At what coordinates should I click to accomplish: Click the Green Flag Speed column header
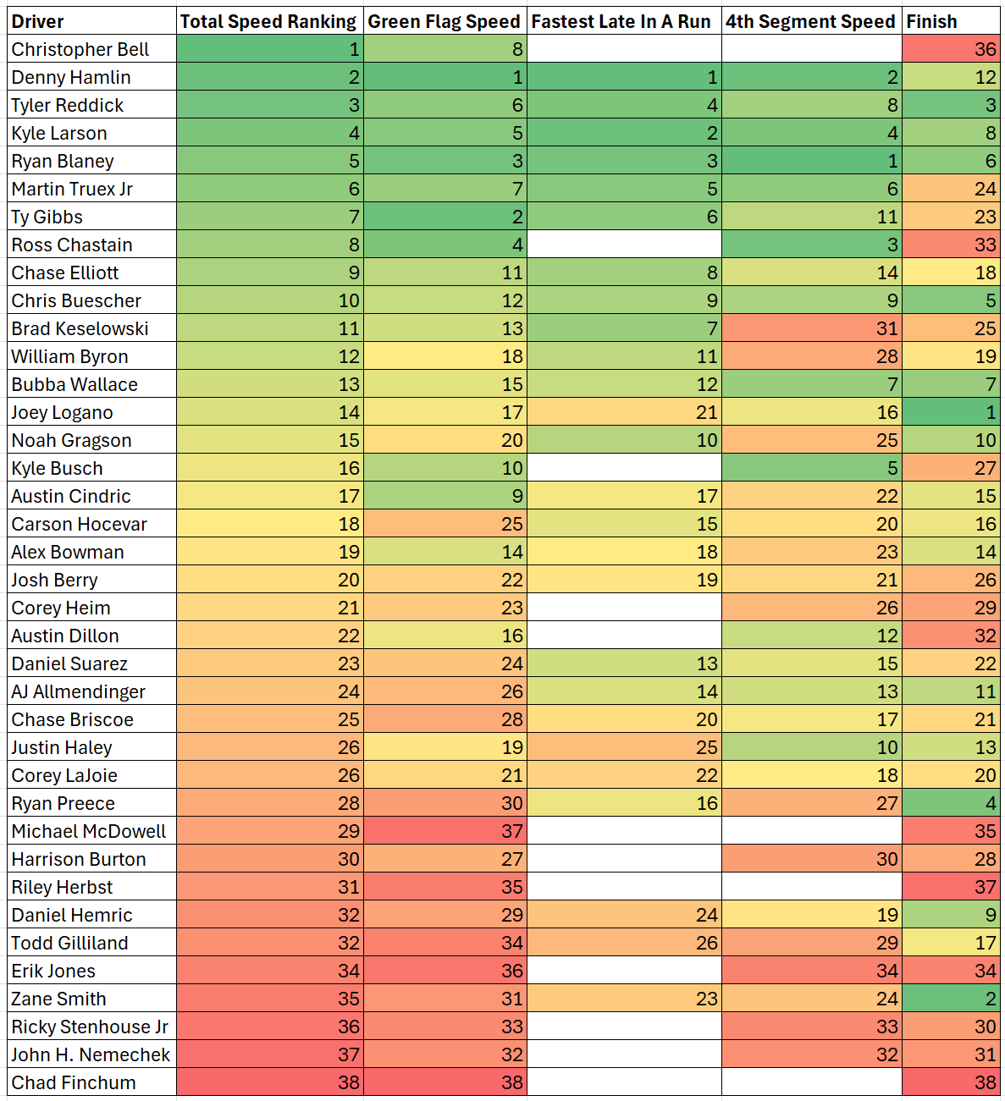pos(445,22)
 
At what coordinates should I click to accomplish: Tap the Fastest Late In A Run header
pos(623,22)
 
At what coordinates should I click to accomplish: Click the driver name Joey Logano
pos(63,413)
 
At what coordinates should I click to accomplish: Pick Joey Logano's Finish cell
pos(950,413)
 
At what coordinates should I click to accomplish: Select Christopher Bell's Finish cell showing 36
pos(950,49)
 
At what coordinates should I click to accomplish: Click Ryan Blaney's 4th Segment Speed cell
pos(811,161)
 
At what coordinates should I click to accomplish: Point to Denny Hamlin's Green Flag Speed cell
pos(445,77)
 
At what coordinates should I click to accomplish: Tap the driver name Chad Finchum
pos(74,1083)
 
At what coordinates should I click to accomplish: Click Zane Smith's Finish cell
pos(950,999)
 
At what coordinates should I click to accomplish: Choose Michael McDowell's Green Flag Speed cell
pos(445,832)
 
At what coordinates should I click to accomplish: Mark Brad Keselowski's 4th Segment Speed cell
pos(811,328)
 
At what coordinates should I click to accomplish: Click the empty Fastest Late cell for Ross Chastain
pos(623,245)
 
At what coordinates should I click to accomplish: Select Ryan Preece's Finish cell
pos(950,804)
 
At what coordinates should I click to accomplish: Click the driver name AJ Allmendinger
pos(79,692)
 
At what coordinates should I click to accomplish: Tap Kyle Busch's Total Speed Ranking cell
pos(269,469)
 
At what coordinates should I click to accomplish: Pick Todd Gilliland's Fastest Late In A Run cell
pos(623,944)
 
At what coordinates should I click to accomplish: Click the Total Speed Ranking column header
pos(269,22)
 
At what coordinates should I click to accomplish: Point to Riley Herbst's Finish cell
pos(950,888)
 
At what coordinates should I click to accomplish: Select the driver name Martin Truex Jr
pos(73,190)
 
